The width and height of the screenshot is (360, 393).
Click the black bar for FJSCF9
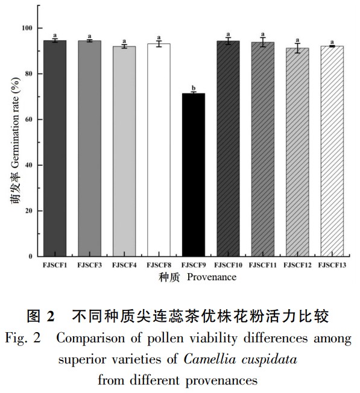(x=194, y=175)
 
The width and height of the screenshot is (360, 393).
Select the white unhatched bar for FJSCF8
(x=159, y=150)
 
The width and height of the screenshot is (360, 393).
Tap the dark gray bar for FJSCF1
(x=55, y=148)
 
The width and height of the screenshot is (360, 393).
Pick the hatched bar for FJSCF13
(x=332, y=151)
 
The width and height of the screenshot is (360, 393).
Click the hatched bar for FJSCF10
(x=228, y=149)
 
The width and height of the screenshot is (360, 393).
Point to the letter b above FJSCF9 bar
(x=194, y=88)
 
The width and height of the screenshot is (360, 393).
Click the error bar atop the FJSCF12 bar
(x=297, y=48)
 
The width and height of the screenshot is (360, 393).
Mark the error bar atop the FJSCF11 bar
(x=263, y=42)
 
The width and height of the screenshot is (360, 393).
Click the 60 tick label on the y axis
(x=29, y=119)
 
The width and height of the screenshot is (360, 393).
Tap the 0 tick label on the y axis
(x=31, y=256)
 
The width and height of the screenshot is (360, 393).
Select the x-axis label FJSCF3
(x=89, y=265)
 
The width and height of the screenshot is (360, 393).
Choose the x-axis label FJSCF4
(x=124, y=265)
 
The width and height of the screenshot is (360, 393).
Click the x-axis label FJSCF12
(x=297, y=265)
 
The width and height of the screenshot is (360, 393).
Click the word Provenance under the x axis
(x=212, y=277)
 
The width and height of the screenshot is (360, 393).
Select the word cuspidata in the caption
(x=270, y=360)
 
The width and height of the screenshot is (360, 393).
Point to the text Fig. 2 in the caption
(x=23, y=338)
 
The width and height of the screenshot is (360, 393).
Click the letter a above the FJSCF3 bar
(x=89, y=36)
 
